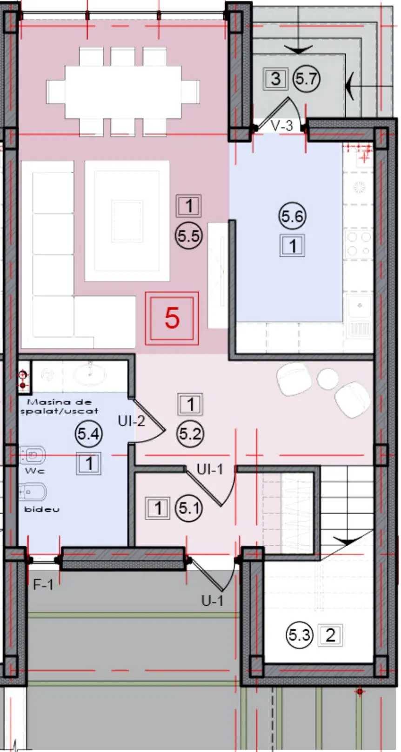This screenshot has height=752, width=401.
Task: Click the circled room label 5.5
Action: (x=188, y=235)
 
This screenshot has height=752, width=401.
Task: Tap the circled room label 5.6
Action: (x=292, y=216)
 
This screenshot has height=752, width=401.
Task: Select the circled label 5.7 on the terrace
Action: (x=306, y=79)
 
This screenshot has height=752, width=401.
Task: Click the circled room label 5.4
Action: (x=88, y=434)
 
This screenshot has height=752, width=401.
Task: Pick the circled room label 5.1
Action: (x=189, y=508)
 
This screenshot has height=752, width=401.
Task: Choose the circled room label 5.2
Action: (x=190, y=434)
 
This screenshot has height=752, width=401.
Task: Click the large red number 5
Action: (x=172, y=318)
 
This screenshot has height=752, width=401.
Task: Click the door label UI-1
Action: (x=210, y=469)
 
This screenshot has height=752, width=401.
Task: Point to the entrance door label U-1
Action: (x=213, y=601)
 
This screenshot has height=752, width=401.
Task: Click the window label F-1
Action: (x=43, y=585)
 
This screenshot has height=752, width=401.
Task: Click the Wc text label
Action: (x=35, y=471)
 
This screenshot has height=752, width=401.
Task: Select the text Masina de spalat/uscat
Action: (x=59, y=406)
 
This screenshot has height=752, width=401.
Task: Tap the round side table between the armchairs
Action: (x=327, y=379)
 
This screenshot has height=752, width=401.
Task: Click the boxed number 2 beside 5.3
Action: (x=330, y=635)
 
